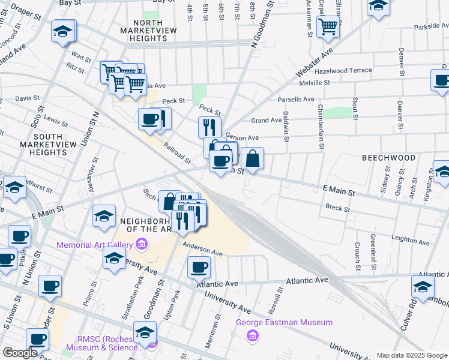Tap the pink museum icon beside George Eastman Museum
pos(253,333)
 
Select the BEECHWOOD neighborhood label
pos(388,158)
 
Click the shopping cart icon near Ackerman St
pos(328,26)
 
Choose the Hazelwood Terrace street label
pos(344,70)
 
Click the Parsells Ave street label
pos(295,99)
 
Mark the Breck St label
pos(338,208)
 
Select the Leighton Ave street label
pos(412,242)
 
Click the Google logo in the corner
pos(20,353)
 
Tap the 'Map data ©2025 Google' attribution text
pos(412,355)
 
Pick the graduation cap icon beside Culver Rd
pos(423,286)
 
